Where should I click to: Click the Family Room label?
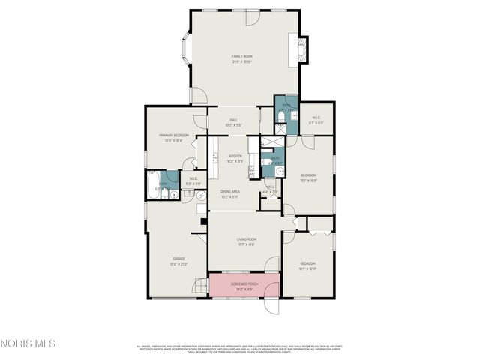click(241, 58)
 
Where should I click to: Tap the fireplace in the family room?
click(303, 50)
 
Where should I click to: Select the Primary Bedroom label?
click(173, 137)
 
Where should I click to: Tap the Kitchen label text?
click(235, 157)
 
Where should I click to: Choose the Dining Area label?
click(229, 193)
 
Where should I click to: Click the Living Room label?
click(237, 241)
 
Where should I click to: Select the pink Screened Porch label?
click(245, 286)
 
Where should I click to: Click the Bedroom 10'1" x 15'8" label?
click(308, 178)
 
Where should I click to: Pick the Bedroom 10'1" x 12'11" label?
click(308, 265)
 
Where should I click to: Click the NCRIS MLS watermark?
click(28, 343)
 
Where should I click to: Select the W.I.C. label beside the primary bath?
click(193, 181)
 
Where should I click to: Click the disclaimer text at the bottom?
click(240, 348)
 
